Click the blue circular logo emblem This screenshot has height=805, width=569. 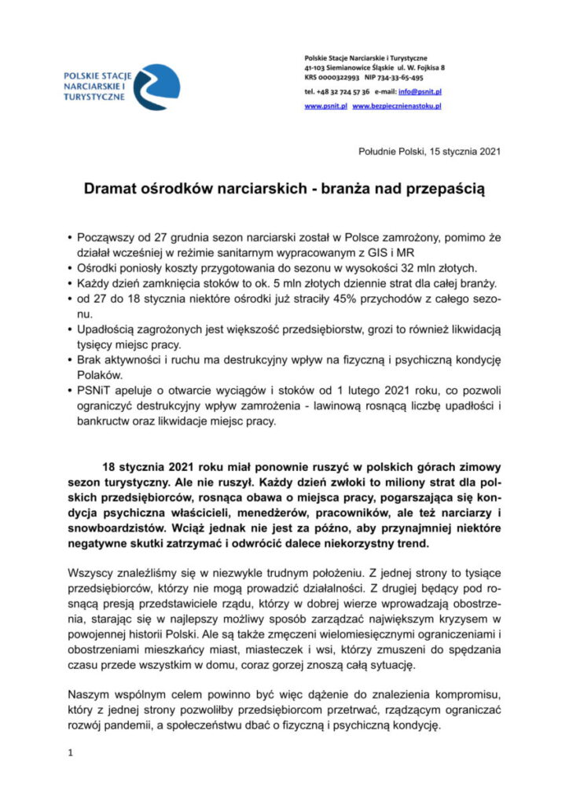click(x=156, y=86)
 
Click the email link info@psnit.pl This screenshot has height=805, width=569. click(x=424, y=91)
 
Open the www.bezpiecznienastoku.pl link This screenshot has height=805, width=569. click(x=398, y=105)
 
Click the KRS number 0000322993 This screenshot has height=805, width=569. click(x=339, y=78)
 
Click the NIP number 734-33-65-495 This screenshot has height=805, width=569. click(x=402, y=78)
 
